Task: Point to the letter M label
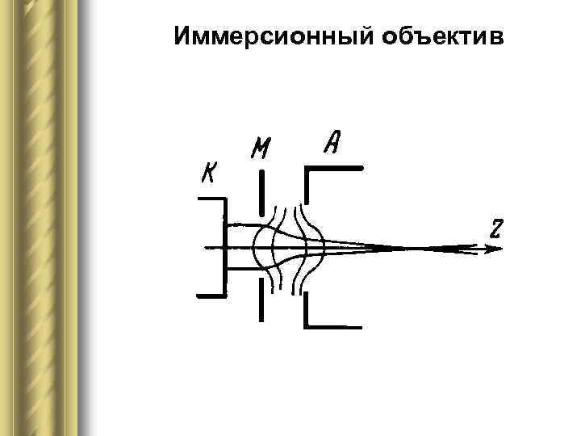pos(261,149)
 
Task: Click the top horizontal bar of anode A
pos(334,168)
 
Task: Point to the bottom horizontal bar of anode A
pos(334,327)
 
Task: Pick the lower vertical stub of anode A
pos(306,310)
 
